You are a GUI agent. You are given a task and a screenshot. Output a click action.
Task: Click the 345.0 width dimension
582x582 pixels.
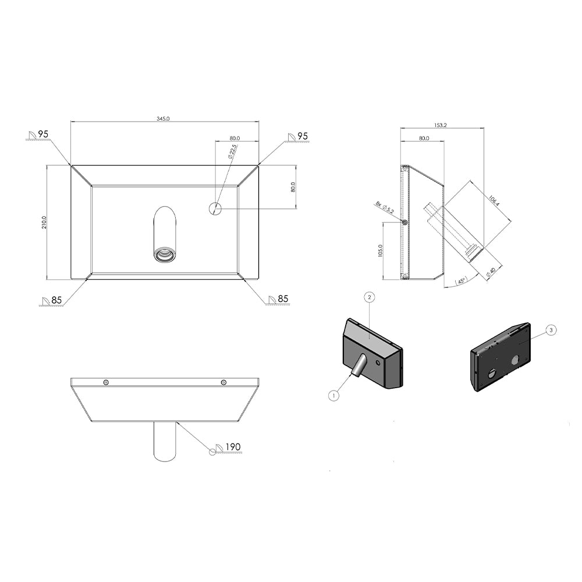click(x=163, y=119)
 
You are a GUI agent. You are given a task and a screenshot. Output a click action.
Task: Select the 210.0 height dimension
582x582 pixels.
click(x=44, y=222)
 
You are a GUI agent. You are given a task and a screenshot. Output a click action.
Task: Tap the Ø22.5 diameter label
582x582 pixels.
click(x=233, y=152)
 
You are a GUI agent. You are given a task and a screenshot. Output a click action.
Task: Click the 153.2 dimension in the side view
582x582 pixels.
click(x=440, y=126)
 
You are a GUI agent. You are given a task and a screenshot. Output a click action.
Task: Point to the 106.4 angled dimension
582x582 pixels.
click(x=494, y=201)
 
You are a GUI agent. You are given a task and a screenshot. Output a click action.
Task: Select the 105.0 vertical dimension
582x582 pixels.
click(x=379, y=251)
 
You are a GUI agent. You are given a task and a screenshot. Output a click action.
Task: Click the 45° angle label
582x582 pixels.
click(x=462, y=281)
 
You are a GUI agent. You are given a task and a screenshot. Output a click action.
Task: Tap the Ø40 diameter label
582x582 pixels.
click(x=491, y=272)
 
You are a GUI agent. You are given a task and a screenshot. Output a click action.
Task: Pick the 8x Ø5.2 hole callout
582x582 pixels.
click(x=385, y=207)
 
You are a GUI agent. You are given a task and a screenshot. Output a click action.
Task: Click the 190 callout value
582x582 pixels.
click(x=233, y=447)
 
